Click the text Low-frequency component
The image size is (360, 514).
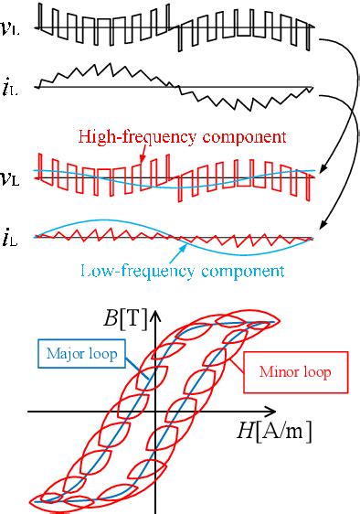tap(183, 271)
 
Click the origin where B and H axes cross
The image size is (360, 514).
tap(155, 412)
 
